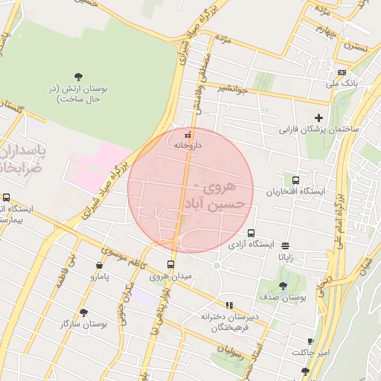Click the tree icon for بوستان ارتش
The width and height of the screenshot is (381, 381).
click(x=79, y=76)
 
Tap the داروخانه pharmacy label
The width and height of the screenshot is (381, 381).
click(x=188, y=146)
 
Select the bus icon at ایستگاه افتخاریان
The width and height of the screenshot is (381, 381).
click(x=296, y=180)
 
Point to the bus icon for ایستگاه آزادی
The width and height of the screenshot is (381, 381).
click(x=251, y=232)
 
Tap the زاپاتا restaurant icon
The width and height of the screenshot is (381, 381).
click(x=286, y=245)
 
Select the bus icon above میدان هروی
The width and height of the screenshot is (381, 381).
click(x=171, y=264)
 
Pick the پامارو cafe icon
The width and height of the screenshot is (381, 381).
click(x=100, y=265)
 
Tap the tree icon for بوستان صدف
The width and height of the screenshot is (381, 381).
click(x=283, y=286)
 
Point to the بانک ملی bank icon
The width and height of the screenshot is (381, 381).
click(x=342, y=72)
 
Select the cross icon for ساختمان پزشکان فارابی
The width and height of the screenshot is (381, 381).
click(x=319, y=118)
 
